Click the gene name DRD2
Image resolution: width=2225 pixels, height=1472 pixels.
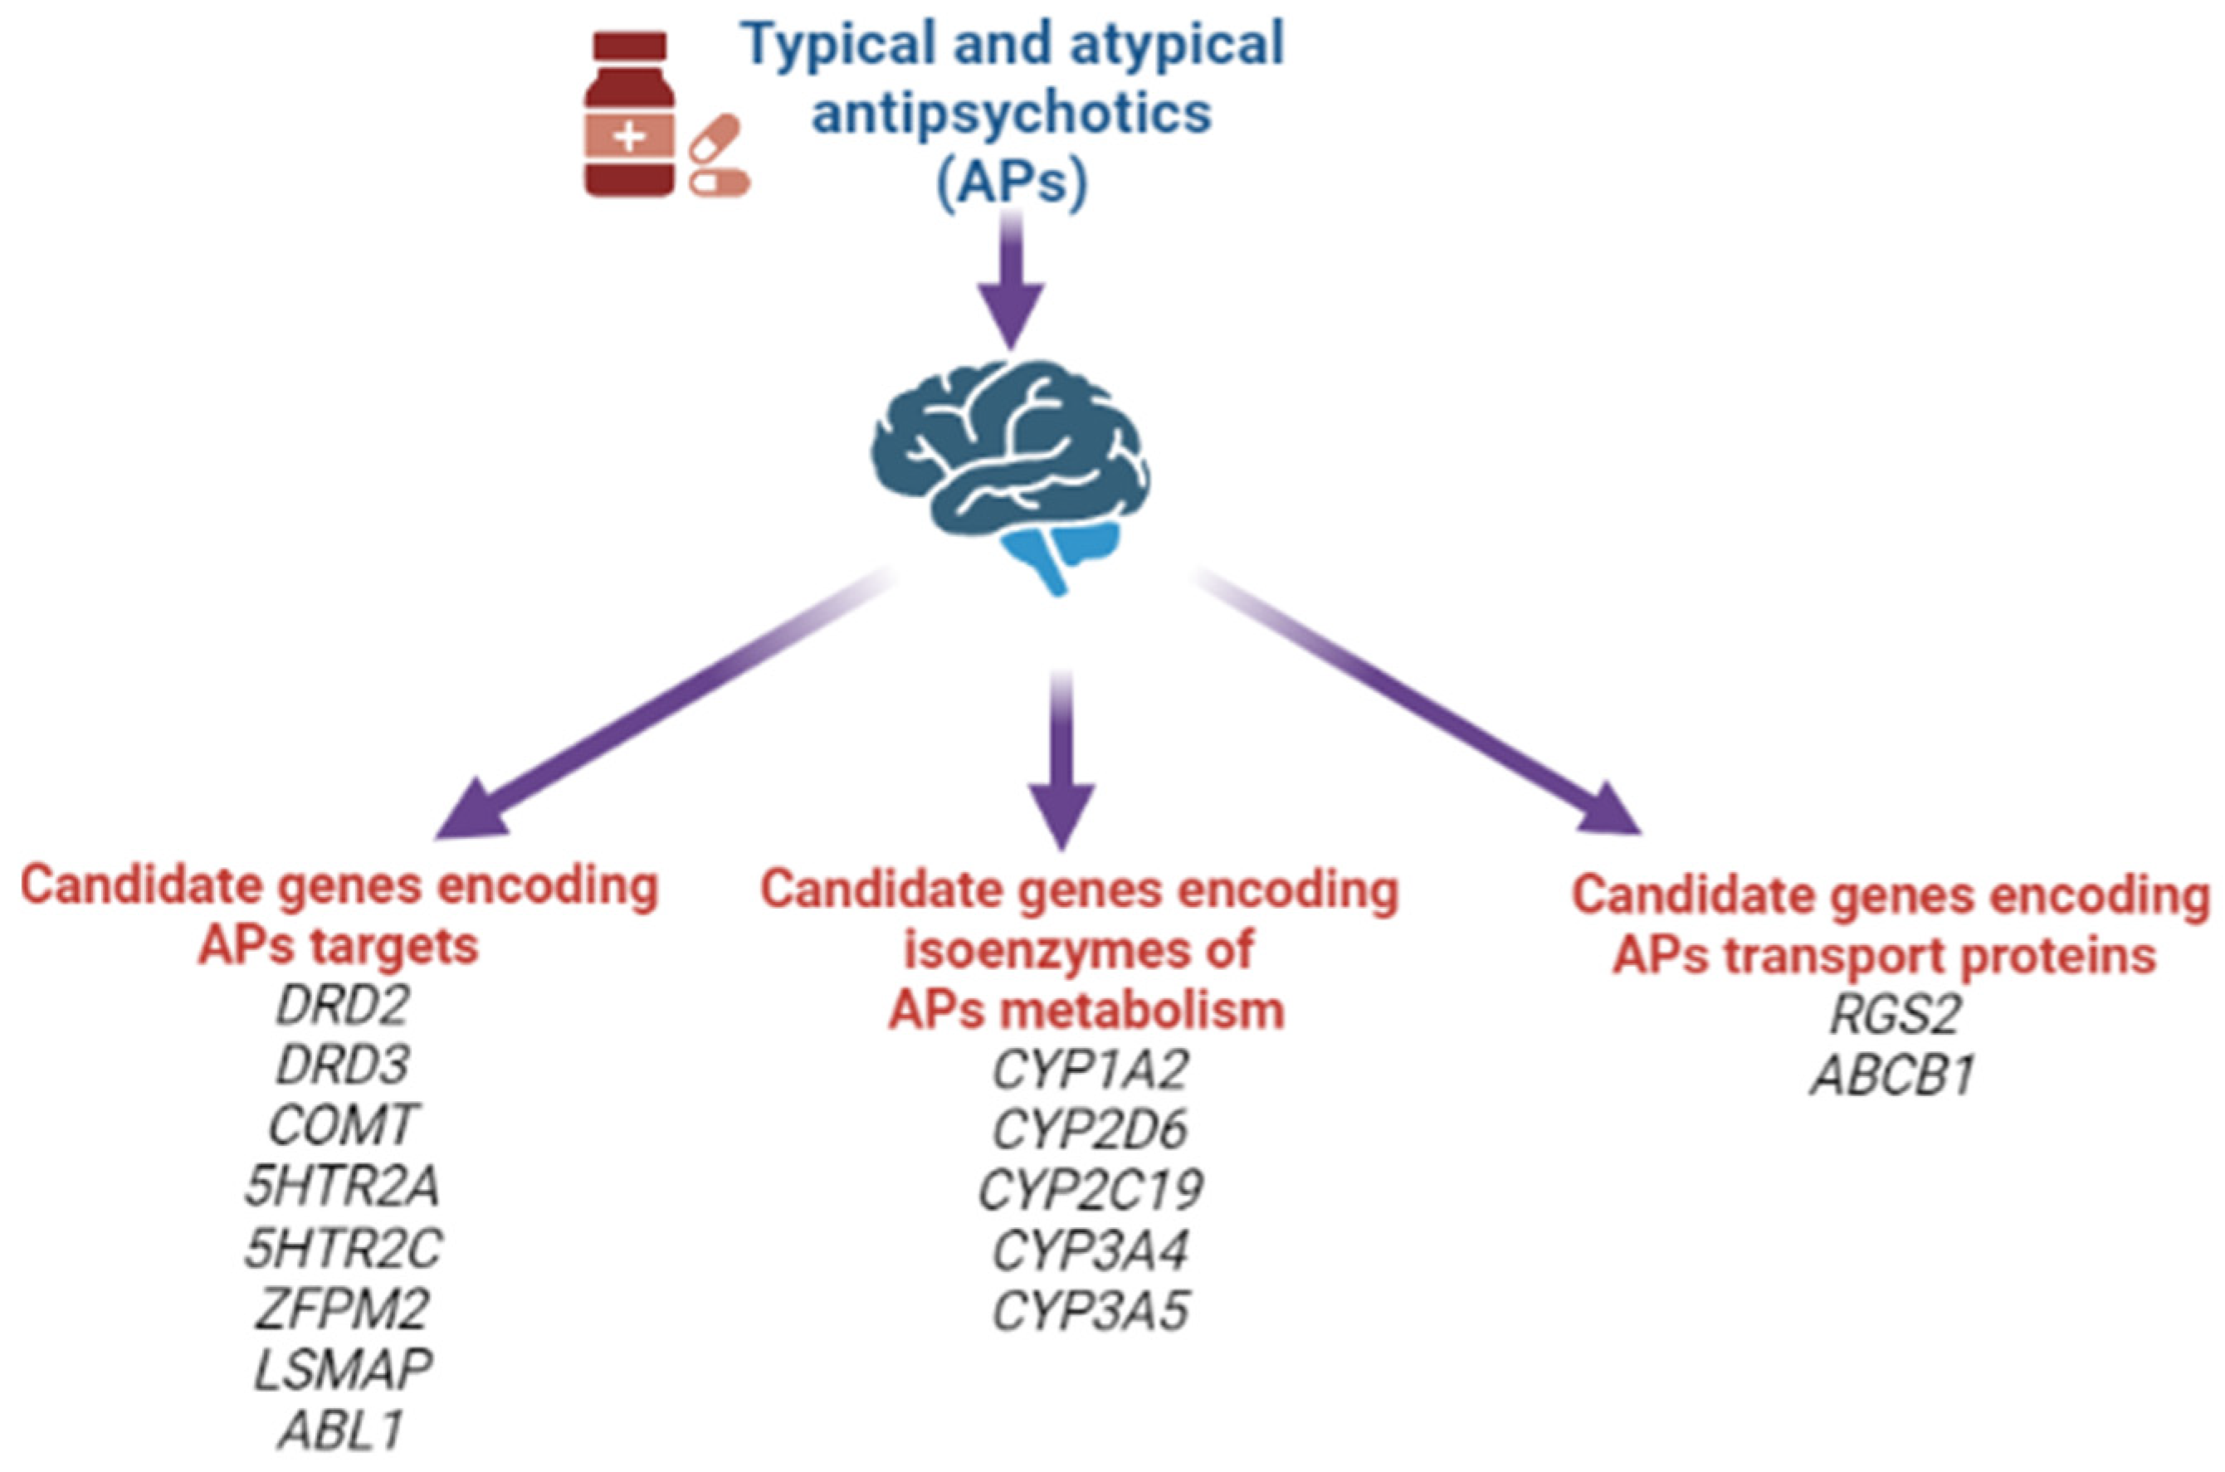tap(343, 1006)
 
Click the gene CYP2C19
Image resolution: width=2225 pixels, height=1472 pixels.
tap(1090, 1189)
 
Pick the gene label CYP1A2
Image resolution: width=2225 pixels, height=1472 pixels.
tap(1090, 1070)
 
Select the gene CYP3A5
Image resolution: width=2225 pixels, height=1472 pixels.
tap(1090, 1310)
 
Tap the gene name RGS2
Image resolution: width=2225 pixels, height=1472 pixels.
tap(1895, 1015)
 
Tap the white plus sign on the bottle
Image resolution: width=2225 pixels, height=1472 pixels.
tap(629, 137)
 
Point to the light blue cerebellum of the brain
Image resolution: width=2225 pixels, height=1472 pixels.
tap(1061, 555)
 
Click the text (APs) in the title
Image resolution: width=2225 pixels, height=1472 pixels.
tap(1012, 182)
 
